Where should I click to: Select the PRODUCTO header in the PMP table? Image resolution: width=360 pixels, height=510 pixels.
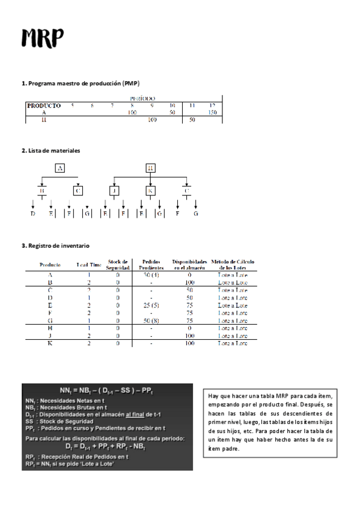(44, 105)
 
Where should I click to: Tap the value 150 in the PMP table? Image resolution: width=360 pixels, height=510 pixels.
(132, 112)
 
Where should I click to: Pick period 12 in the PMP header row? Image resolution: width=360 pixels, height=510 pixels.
(212, 105)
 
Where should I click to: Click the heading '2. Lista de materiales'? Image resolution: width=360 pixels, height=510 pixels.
(50, 150)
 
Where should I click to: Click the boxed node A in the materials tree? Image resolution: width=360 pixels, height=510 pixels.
(60, 168)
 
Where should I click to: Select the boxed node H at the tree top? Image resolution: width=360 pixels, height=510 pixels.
(151, 168)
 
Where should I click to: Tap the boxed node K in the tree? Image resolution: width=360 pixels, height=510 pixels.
(151, 191)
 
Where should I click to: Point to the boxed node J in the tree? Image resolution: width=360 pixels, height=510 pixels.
(114, 191)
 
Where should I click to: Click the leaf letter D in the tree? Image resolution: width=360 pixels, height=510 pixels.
(32, 213)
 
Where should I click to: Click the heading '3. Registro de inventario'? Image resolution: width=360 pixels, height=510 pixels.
(55, 246)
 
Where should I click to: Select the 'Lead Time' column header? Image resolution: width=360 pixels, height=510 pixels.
(89, 265)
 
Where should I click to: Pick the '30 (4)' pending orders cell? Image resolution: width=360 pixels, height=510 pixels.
(151, 274)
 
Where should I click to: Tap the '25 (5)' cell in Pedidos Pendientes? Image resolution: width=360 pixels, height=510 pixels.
(151, 306)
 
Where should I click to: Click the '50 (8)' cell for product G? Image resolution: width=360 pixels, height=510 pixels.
(151, 321)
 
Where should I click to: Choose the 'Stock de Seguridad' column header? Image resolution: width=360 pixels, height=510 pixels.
(118, 265)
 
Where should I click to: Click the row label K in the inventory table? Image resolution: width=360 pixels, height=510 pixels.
(49, 344)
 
